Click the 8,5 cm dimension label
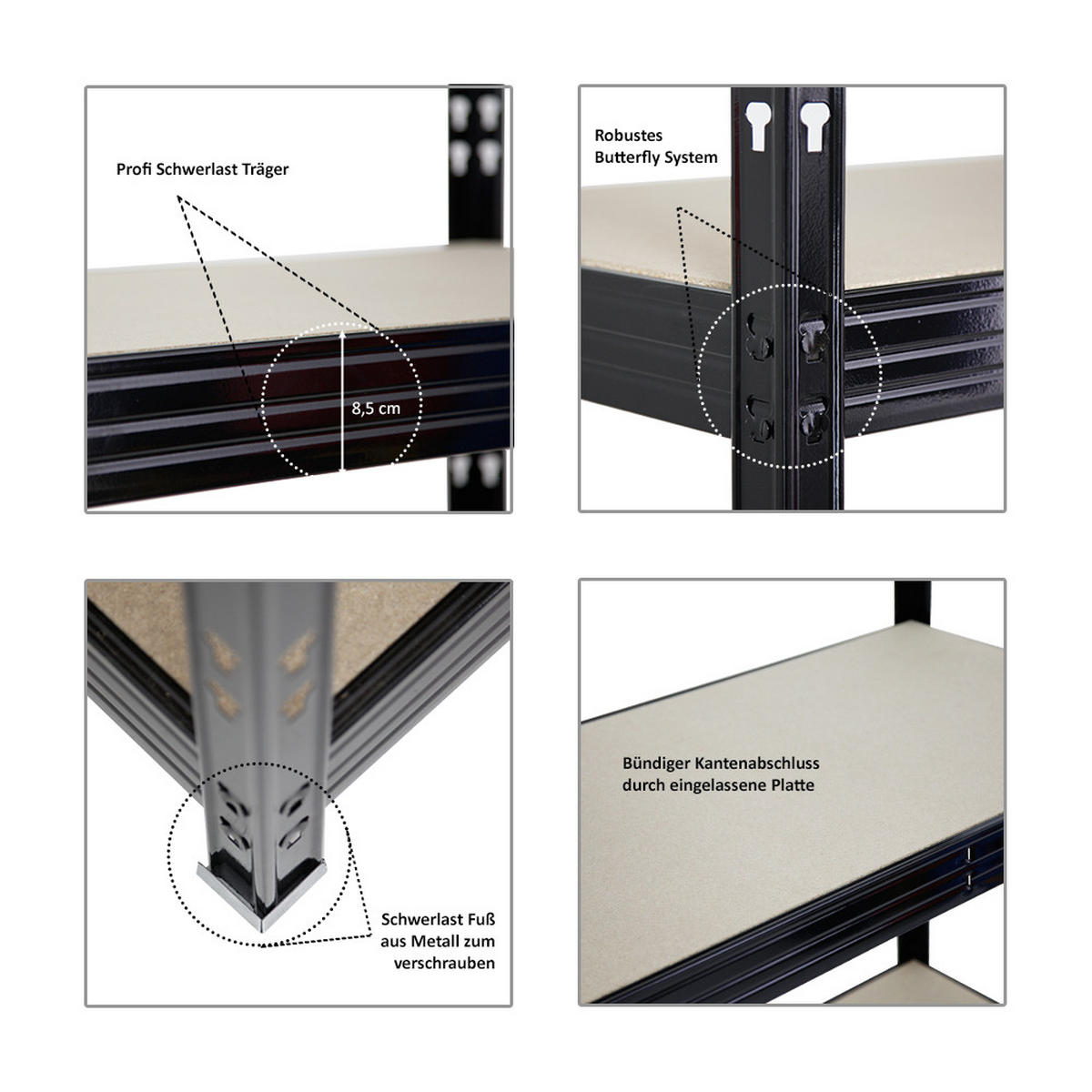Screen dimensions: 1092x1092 pos(376,409)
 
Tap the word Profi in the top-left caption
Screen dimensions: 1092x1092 pos(134,169)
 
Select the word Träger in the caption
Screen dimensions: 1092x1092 pos(266,169)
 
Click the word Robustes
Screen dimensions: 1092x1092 pos(629,136)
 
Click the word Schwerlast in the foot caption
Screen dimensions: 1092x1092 pos(419,920)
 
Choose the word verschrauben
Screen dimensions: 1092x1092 pos(444,963)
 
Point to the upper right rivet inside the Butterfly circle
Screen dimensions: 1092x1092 pos(812,336)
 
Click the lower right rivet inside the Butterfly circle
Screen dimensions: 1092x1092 pos(812,420)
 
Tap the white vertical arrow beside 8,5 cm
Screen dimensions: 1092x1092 pos(342,400)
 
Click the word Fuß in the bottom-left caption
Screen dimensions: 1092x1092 pos(482,920)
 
